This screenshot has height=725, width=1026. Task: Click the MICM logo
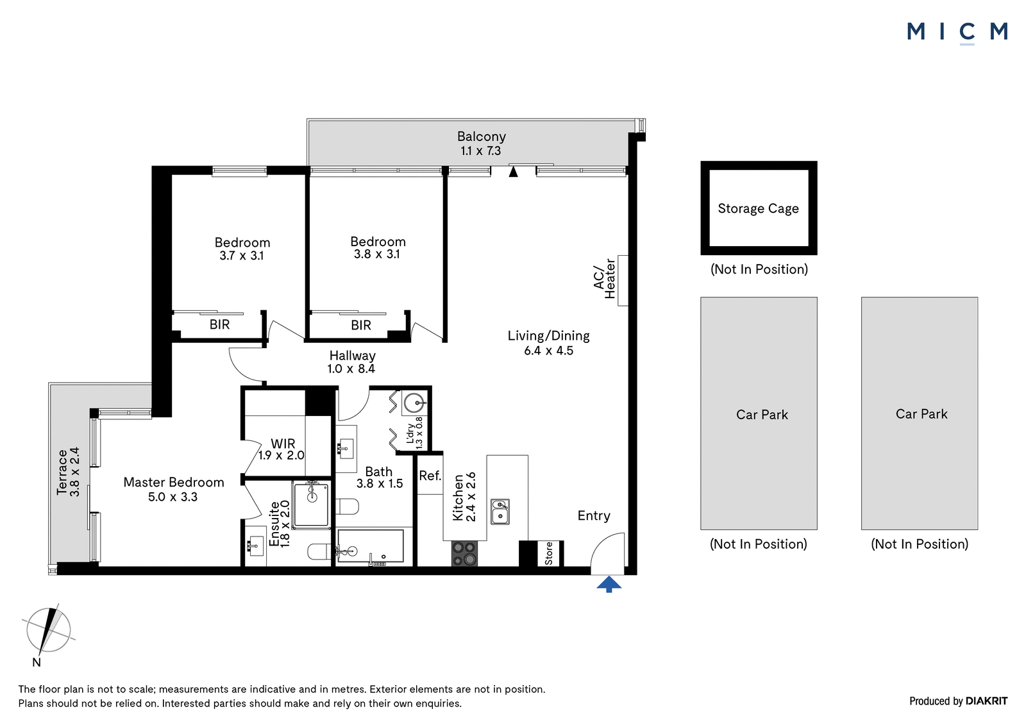point(957,33)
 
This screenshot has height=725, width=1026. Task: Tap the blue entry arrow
point(609,585)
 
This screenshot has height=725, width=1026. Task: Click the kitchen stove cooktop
point(464,553)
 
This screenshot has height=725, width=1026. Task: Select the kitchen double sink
point(500,512)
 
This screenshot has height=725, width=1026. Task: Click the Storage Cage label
point(758,208)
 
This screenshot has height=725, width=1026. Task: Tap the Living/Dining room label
point(548,336)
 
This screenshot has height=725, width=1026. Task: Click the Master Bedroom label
point(174,482)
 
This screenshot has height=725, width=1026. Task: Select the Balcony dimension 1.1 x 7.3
point(480,151)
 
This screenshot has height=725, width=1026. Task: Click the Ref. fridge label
point(430,476)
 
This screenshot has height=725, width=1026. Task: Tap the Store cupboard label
point(549,553)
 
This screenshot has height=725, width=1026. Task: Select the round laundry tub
point(414,403)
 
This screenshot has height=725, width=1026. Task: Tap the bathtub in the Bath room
point(370,546)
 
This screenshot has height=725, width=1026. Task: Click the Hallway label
point(352,355)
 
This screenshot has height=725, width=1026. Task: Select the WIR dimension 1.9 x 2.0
point(282,455)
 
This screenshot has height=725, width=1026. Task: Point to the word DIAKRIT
point(987,701)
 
